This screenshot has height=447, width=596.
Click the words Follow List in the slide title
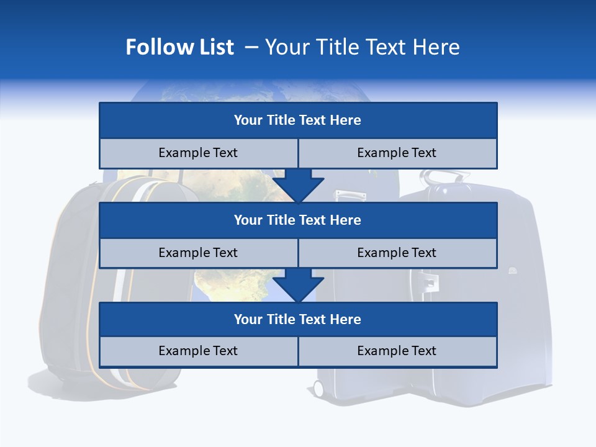coord(179,47)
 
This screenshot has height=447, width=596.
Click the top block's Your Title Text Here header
coord(297,120)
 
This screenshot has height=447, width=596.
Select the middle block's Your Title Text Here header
coord(297,220)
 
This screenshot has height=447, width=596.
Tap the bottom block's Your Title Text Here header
coord(297,319)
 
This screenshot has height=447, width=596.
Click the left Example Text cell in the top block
coord(198,153)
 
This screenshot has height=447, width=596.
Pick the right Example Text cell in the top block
coord(397,153)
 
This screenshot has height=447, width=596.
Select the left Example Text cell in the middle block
coord(198,253)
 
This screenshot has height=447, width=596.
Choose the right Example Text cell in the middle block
coord(397,253)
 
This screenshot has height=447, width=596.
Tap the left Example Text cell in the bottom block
coord(198,351)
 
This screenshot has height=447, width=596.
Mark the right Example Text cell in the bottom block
coord(397,351)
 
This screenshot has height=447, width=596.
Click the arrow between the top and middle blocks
coord(298,186)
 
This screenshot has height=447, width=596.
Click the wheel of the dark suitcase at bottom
coord(318,389)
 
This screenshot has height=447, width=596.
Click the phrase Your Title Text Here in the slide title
coord(363,47)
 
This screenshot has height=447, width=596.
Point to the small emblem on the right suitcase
coord(512,271)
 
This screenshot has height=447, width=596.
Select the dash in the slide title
coord(251,47)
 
